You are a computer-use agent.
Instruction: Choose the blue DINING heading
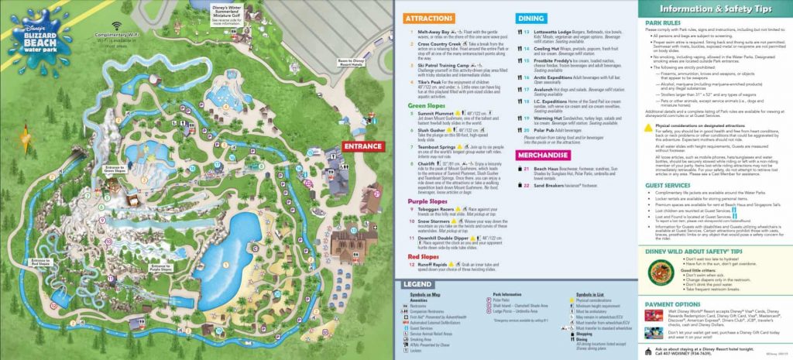[530, 17]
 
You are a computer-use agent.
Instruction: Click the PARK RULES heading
[673, 23]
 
